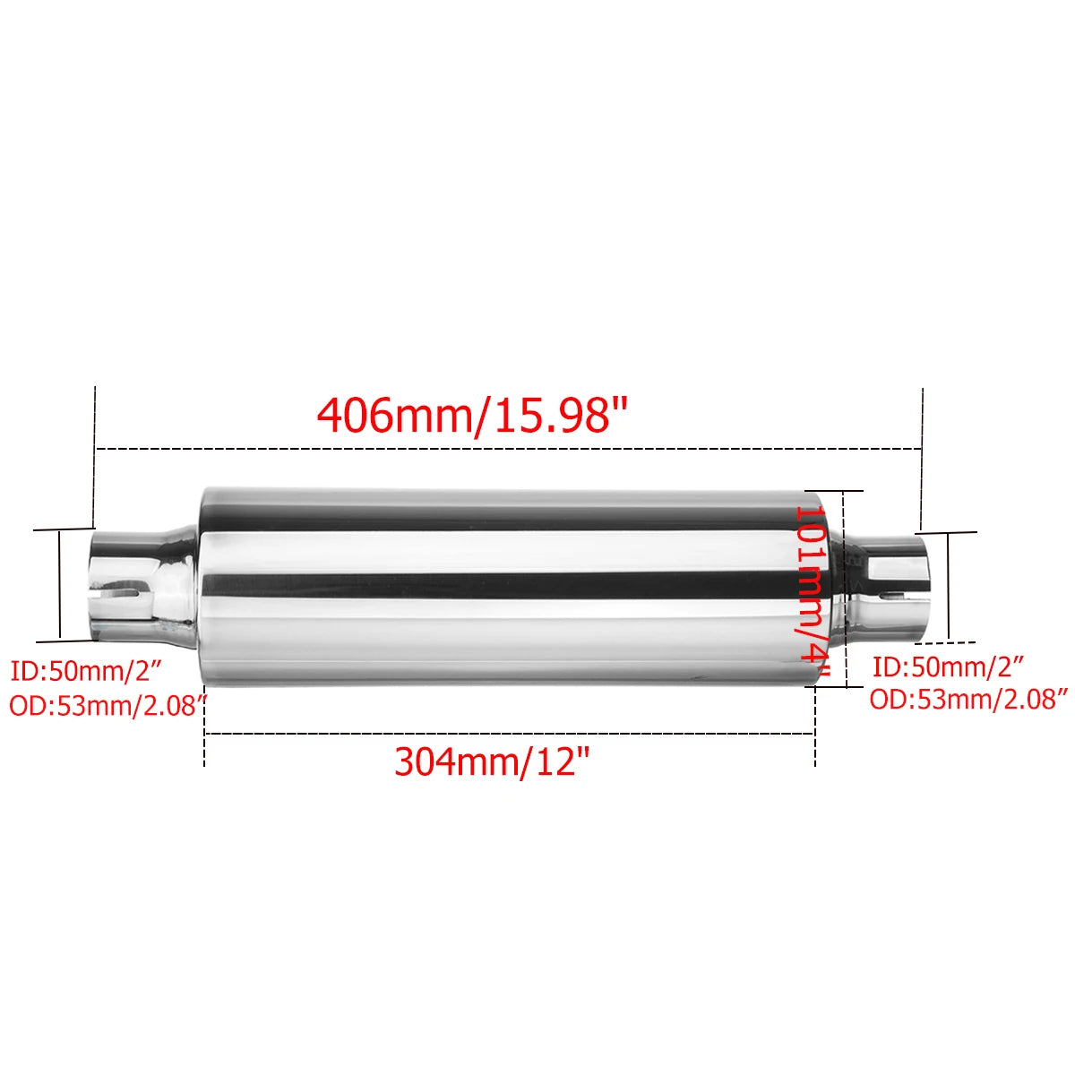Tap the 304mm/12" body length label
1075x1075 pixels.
(x=493, y=761)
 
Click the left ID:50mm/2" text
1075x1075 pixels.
(x=84, y=671)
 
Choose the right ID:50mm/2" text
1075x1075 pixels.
(x=947, y=666)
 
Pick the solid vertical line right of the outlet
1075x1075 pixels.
(x=948, y=587)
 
